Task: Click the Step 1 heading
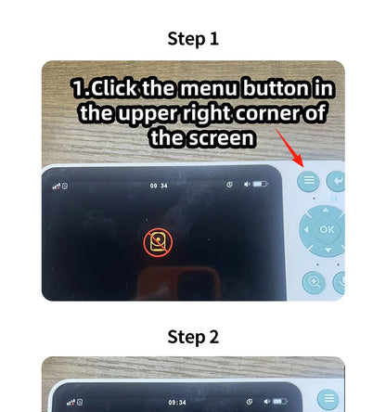click(x=193, y=39)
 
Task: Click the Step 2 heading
click(x=193, y=336)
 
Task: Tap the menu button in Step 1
click(x=309, y=181)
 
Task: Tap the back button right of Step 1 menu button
click(x=336, y=181)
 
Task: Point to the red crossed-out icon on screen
click(x=159, y=242)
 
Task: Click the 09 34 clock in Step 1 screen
click(x=160, y=186)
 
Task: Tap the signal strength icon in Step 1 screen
click(x=57, y=186)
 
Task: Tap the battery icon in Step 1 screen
click(x=261, y=185)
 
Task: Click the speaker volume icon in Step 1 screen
click(x=247, y=185)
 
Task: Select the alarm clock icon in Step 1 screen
click(x=228, y=185)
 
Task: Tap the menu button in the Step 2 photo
click(x=327, y=399)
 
